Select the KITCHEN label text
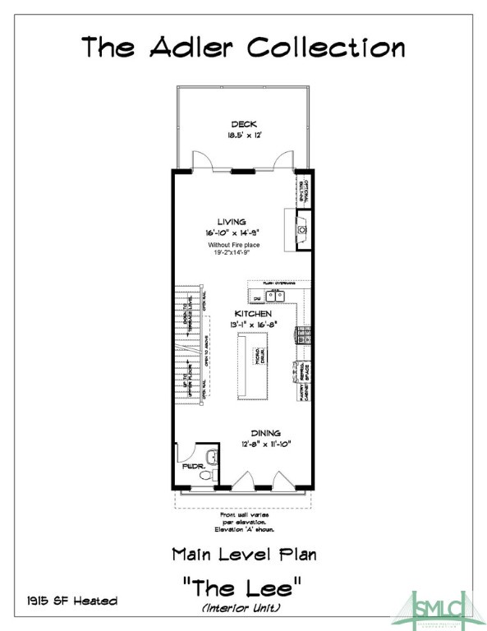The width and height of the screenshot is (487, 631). click(x=253, y=314)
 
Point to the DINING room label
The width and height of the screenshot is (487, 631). click(x=262, y=433)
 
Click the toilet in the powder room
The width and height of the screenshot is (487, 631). click(x=206, y=475)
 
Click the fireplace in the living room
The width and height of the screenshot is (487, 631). click(x=302, y=229)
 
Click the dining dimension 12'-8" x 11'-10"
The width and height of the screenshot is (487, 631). click(x=262, y=444)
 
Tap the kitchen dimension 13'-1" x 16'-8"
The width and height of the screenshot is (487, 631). click(x=253, y=325)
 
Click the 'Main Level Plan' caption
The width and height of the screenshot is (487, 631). click(x=243, y=555)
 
